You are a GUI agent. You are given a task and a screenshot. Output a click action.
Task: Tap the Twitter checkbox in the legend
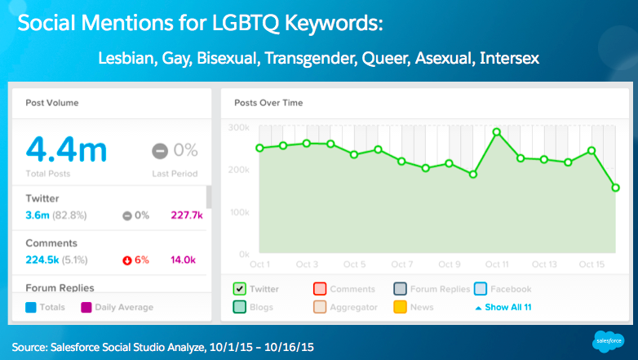pyautogui.click(x=239, y=289)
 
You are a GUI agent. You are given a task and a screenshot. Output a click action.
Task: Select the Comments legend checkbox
pyautogui.click(x=320, y=289)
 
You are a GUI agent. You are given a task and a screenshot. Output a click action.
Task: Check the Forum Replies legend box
pyautogui.click(x=400, y=289)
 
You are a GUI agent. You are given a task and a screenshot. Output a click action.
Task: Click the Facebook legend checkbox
pyautogui.click(x=481, y=289)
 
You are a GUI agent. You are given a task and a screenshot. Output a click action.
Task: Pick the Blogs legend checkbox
pyautogui.click(x=239, y=308)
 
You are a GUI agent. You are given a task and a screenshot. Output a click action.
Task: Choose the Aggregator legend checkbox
pyautogui.click(x=320, y=308)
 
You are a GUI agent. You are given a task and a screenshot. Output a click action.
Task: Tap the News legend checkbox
pyautogui.click(x=400, y=308)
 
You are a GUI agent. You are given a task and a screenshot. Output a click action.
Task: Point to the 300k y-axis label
pyautogui.click(x=237, y=127)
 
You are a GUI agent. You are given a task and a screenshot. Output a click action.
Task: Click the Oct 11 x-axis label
pyautogui.click(x=497, y=264)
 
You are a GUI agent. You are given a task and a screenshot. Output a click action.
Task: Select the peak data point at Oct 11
pyautogui.click(x=496, y=131)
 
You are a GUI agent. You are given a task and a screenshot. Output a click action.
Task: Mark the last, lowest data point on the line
pyautogui.click(x=615, y=188)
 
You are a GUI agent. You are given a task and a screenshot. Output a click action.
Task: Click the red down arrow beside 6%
pyautogui.click(x=127, y=261)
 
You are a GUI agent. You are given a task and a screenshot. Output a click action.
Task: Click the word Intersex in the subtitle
pyautogui.click(x=511, y=59)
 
